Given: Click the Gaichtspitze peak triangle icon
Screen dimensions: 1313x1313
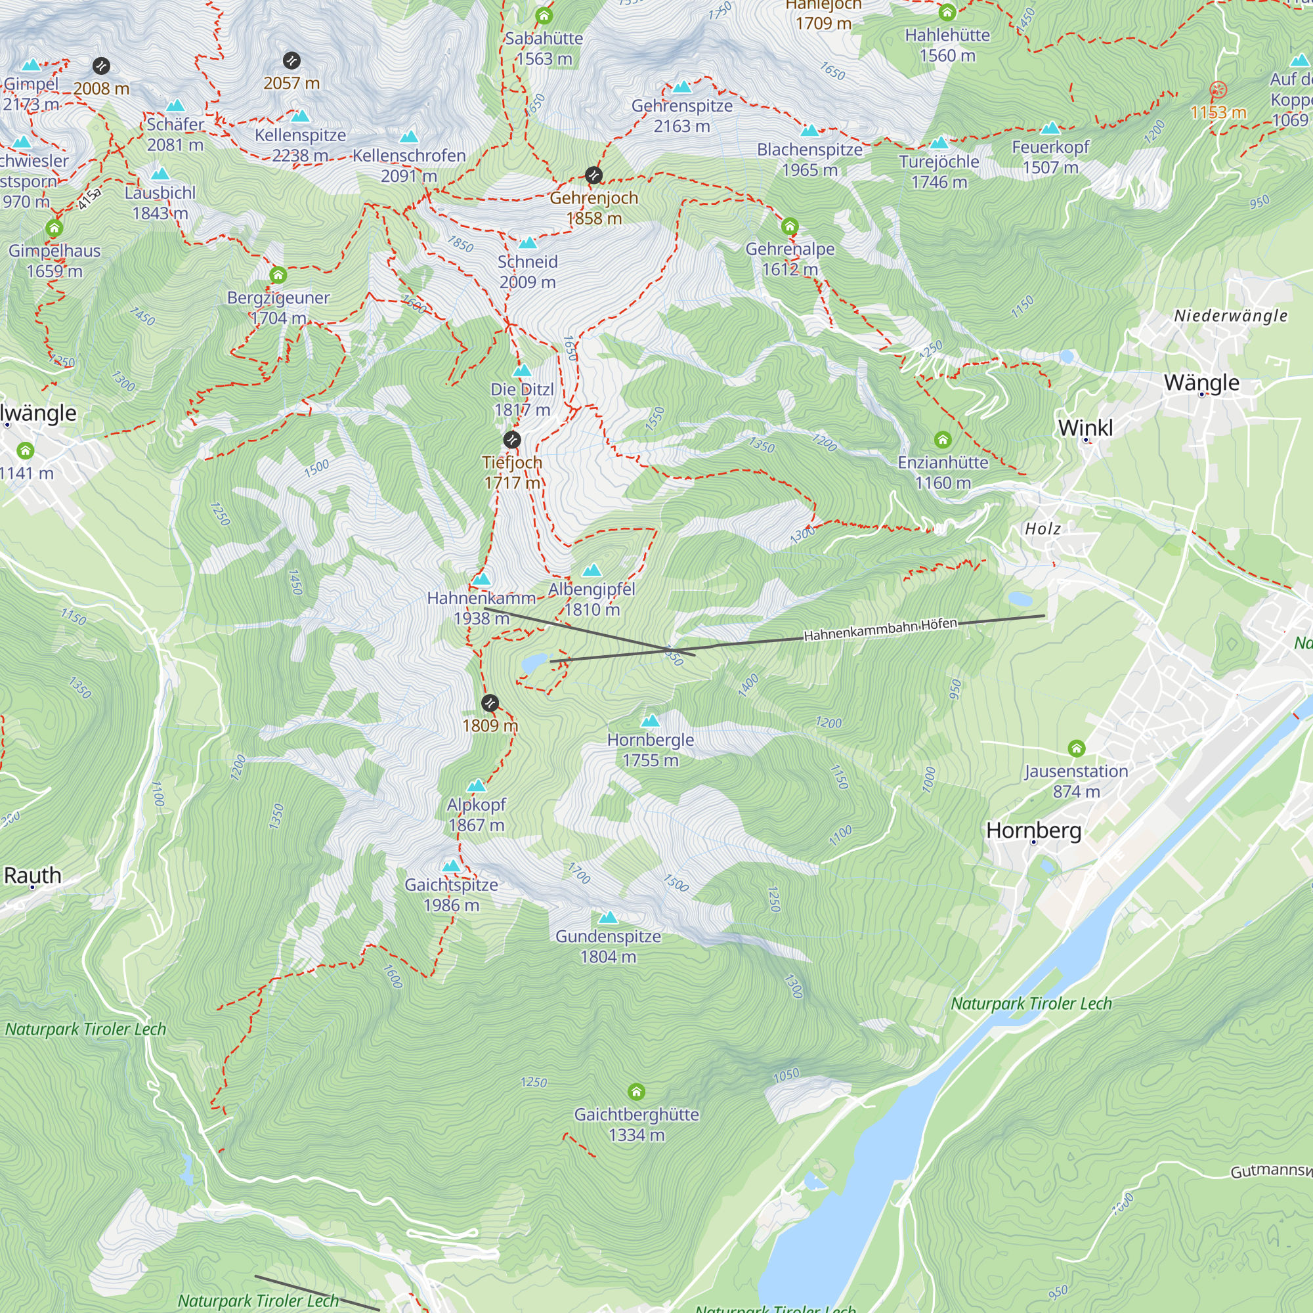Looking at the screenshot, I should coord(451,866).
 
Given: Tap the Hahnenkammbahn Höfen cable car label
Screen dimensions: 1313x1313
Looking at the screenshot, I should coord(880,630).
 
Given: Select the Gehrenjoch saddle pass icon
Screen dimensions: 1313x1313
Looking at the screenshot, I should coord(593,175).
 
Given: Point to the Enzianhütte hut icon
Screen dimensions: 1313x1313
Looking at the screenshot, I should coord(942,440).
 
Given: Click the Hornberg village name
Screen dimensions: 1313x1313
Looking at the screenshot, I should coord(1033,830).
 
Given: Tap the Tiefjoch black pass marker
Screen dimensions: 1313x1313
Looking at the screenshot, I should coord(512,440).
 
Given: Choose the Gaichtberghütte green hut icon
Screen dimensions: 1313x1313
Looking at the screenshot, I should coord(636,1092).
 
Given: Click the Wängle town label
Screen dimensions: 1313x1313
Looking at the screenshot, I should coord(1201,383).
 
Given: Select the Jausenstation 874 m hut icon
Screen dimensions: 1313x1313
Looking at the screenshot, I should coord(1076,749).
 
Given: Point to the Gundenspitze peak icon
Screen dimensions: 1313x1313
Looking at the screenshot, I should coord(609,918).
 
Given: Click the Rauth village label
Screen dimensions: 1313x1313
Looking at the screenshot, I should coord(33,875).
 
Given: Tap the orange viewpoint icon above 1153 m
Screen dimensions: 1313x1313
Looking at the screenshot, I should coord(1218,89).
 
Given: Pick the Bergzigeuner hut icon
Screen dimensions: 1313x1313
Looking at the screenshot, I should coord(278,275).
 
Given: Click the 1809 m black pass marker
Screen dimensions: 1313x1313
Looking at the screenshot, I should coord(489,702).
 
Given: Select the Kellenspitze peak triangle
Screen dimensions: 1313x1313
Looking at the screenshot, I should coord(301,116).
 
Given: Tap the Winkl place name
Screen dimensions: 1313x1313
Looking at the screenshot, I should coord(1085,428).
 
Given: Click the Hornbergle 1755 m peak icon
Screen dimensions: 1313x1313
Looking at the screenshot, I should coord(651,720).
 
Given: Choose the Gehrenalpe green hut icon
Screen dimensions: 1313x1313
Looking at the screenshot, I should coord(790,226).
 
